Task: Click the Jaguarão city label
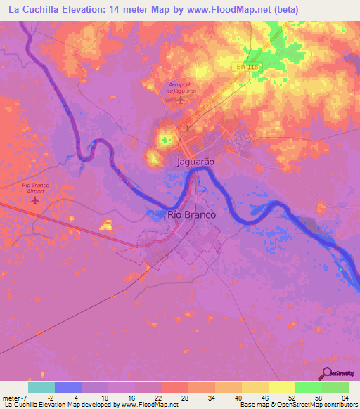tap(192, 161)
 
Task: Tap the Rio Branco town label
tap(191, 215)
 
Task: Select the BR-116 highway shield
tap(244, 65)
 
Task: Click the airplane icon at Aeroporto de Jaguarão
tap(180, 99)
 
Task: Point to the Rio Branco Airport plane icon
tap(35, 200)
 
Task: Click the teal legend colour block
tap(41, 387)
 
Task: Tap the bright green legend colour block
tap(308, 387)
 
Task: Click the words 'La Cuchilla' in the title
tap(32, 9)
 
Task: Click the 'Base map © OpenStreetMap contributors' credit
tap(297, 405)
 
